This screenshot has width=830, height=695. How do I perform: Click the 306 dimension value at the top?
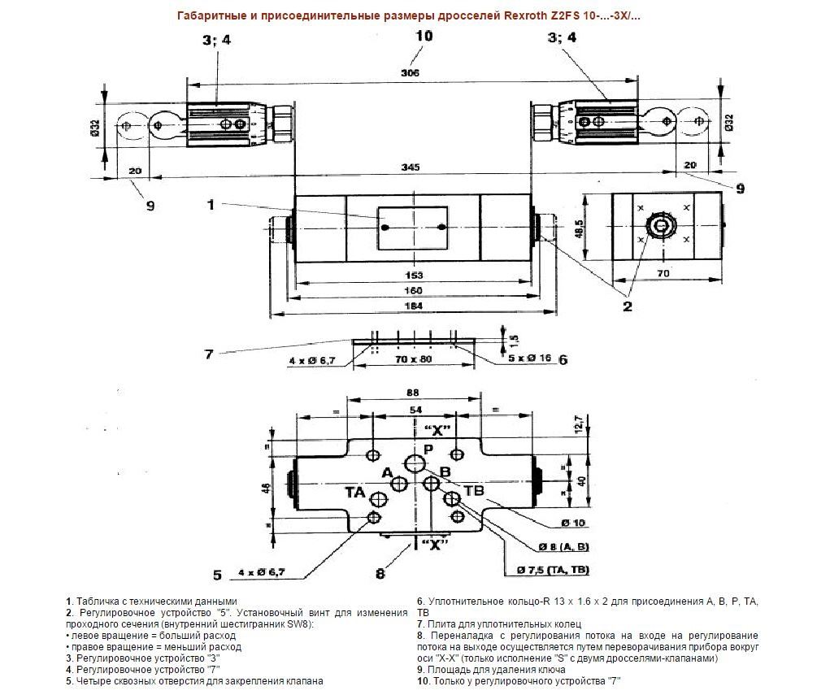(411, 73)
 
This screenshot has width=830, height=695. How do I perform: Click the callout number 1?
(211, 205)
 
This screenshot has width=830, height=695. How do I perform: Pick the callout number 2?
(628, 306)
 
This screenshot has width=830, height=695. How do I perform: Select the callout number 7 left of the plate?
(209, 353)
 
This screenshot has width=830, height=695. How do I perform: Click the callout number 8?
(380, 574)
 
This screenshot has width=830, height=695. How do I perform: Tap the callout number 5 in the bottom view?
(217, 575)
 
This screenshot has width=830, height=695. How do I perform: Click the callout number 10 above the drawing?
(423, 36)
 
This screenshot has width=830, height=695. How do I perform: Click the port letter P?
(428, 450)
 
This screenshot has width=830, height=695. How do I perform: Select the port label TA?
(354, 492)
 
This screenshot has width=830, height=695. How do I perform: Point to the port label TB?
(473, 489)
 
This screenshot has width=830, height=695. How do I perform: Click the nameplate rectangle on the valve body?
(413, 228)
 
